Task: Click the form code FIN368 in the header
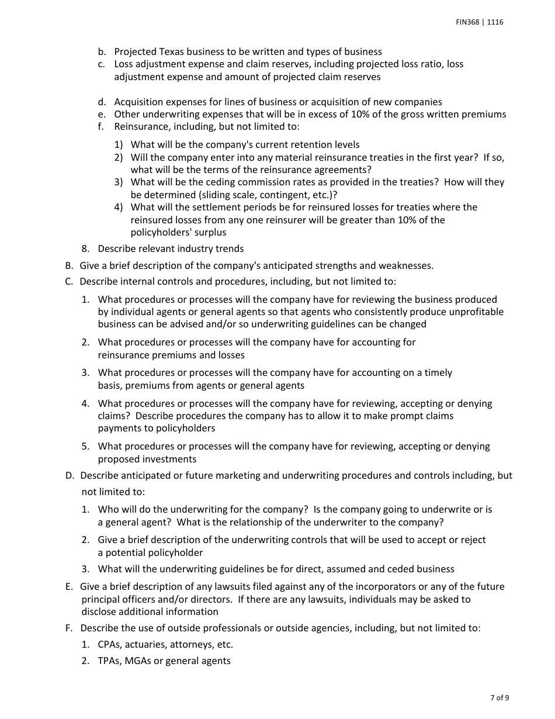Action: (467, 22)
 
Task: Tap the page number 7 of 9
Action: (500, 697)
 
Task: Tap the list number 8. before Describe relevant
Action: (85, 248)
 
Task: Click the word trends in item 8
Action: (229, 248)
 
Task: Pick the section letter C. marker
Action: (69, 281)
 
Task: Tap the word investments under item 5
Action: (167, 459)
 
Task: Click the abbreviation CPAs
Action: (109, 644)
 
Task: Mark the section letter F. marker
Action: (69, 628)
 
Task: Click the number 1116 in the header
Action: (494, 22)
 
